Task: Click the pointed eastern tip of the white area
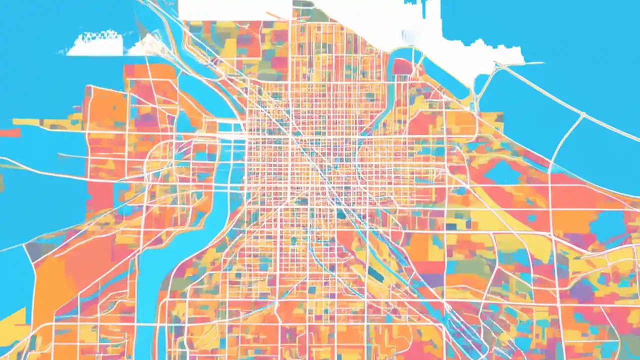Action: [x=540, y=63]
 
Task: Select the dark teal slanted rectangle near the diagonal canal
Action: [x=376, y=274]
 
